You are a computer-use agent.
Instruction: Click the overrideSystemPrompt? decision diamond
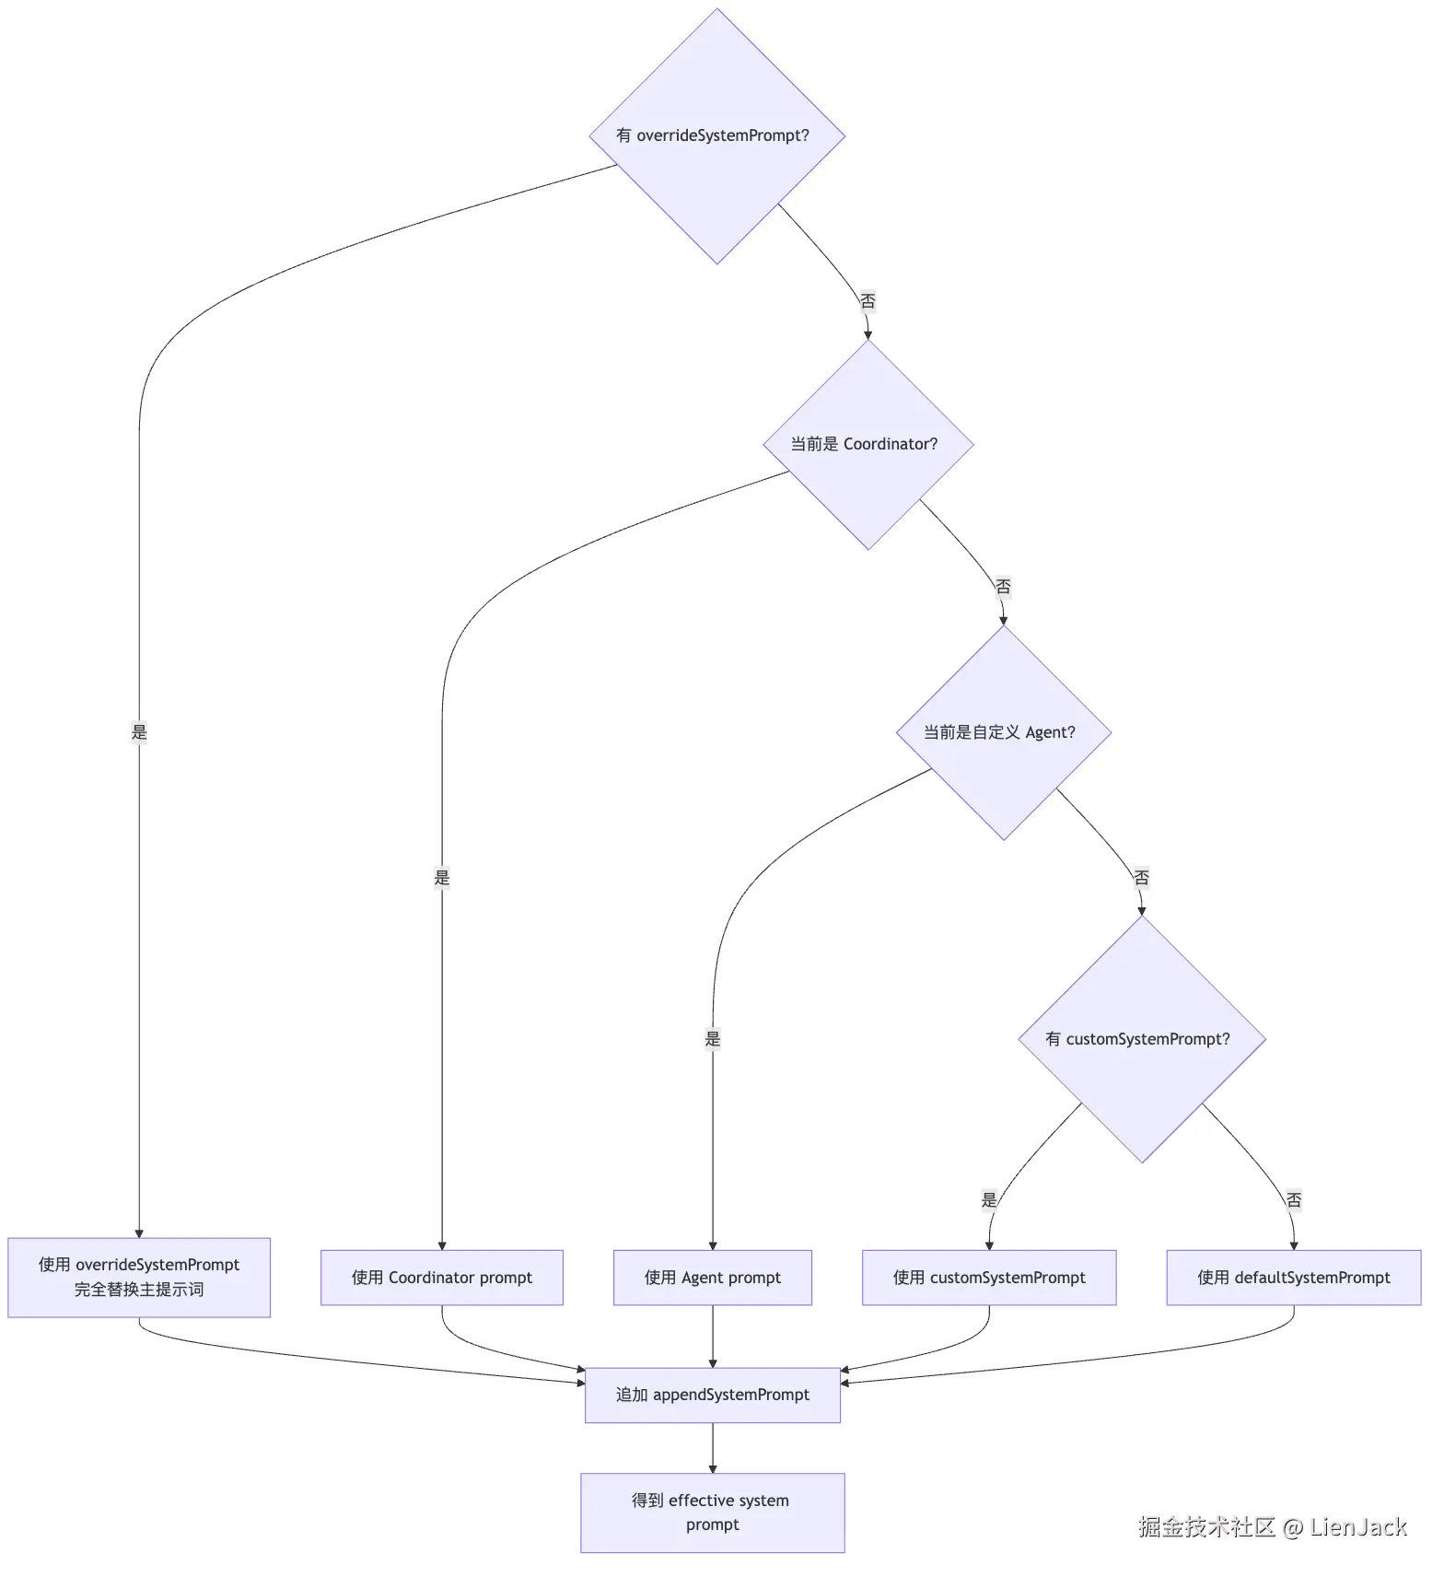pos(717,136)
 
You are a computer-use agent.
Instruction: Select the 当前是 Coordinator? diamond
pos(868,445)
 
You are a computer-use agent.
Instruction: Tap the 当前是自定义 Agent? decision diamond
pos(1004,733)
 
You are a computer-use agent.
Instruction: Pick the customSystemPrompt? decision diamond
pos(1142,1039)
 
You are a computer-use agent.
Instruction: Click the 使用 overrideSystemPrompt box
pos(139,1278)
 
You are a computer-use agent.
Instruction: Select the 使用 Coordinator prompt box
pos(442,1278)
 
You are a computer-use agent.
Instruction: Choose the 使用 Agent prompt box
pos(713,1278)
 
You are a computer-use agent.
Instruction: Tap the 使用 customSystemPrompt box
pos(989,1278)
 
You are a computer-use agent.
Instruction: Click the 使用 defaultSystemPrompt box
pos(1294,1278)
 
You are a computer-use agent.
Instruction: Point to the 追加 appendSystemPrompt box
pos(713,1396)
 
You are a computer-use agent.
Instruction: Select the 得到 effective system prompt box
pos(713,1513)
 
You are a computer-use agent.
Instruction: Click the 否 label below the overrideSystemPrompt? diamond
pos(868,301)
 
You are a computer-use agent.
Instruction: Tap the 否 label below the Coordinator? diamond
pos(1003,587)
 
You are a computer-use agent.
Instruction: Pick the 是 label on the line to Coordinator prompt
pos(442,878)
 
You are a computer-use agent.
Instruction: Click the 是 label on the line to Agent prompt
pos(713,1039)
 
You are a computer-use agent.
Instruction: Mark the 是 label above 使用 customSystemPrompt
pos(989,1200)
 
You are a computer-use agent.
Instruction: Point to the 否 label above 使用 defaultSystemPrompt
pos(1294,1200)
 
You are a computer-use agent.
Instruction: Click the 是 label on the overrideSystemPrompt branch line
pos(139,732)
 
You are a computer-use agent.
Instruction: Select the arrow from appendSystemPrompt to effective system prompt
pos(713,1448)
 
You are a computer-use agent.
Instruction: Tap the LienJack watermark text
pos(1358,1527)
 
